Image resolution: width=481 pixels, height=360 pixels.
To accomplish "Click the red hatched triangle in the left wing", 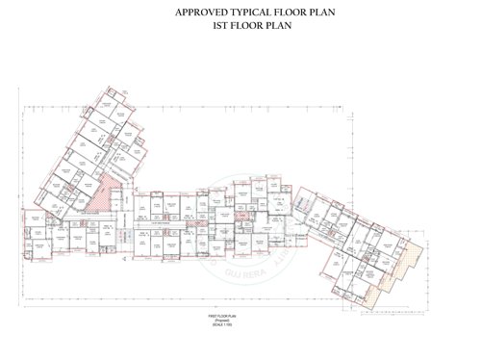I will click(x=112, y=192).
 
